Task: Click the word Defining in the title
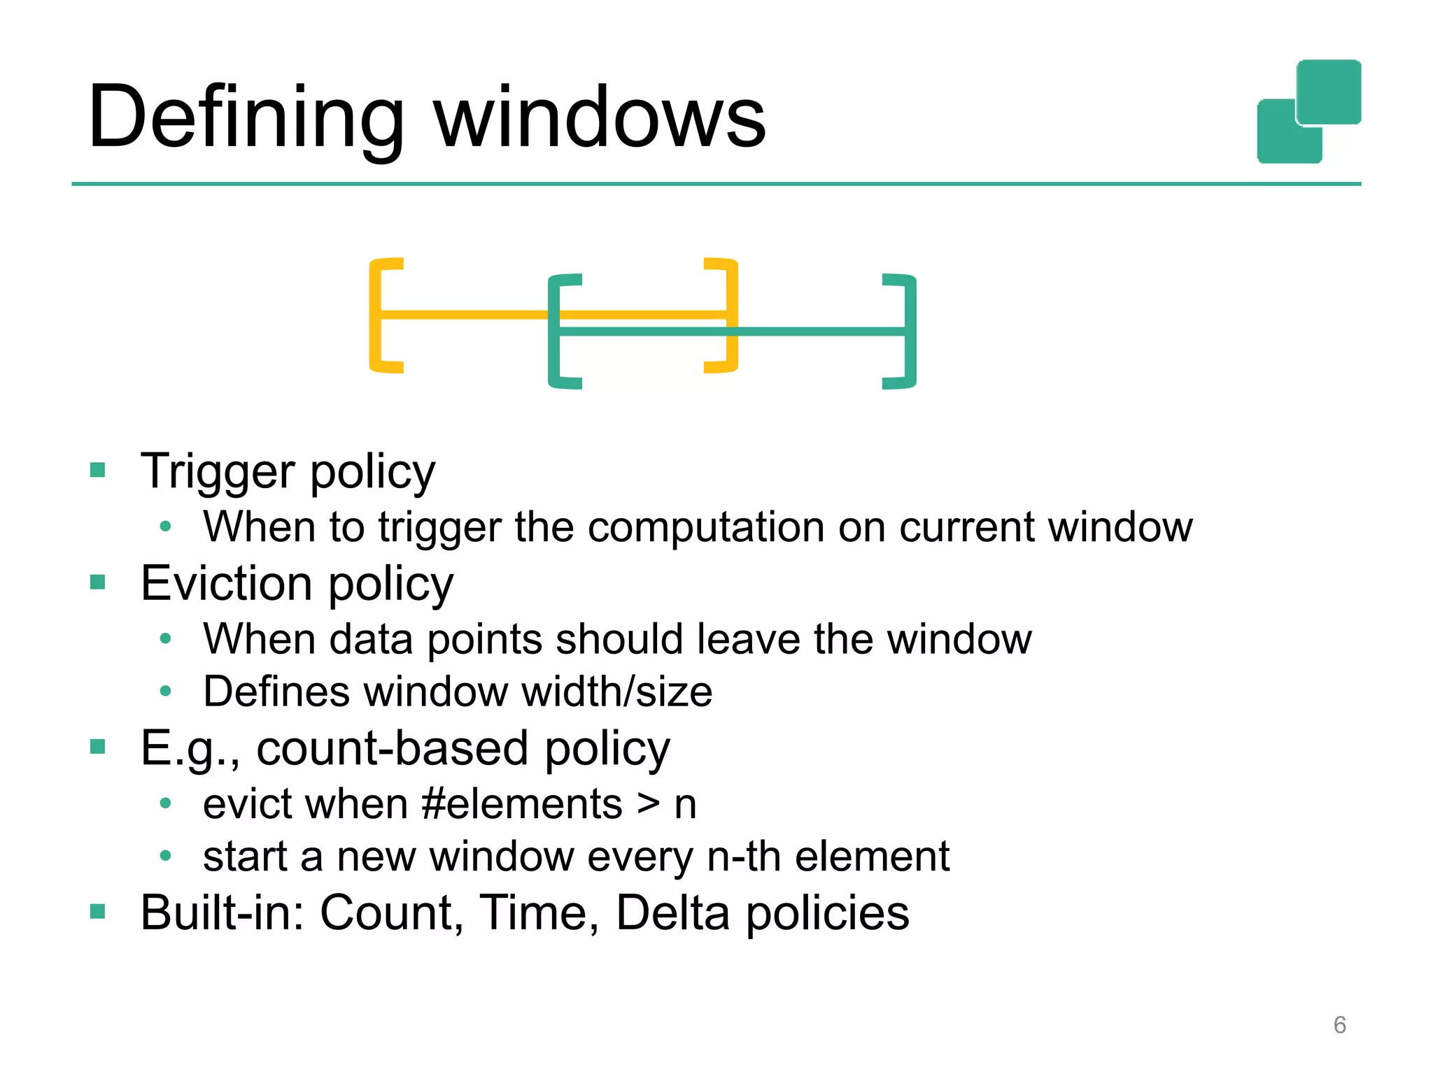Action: (246, 117)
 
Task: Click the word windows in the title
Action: (600, 117)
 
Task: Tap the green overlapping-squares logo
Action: (1308, 112)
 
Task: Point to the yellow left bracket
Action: (379, 315)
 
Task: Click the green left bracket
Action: (557, 331)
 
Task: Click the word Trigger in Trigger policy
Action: (218, 473)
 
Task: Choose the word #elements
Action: (522, 804)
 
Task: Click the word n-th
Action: (744, 857)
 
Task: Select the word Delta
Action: (672, 913)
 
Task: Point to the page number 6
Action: (1339, 1025)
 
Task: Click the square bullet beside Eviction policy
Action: (97, 582)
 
